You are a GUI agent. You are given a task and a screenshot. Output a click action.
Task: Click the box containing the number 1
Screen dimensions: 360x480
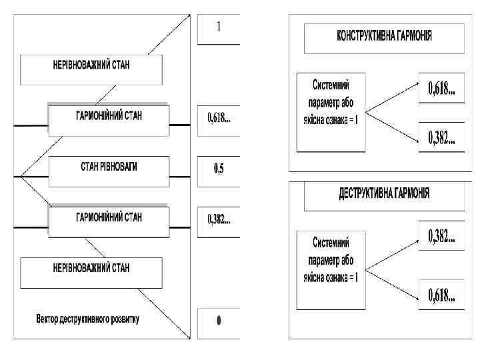[x=219, y=28]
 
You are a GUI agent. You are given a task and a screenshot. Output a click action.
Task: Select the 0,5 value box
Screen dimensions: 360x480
[x=219, y=169]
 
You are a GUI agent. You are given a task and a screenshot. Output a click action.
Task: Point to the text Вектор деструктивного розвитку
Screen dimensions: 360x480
[x=87, y=318]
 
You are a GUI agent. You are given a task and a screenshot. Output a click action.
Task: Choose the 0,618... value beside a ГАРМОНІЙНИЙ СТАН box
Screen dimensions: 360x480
[x=219, y=118]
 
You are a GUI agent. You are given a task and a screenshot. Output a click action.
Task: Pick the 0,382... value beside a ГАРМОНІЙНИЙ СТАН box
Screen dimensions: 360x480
[x=219, y=218]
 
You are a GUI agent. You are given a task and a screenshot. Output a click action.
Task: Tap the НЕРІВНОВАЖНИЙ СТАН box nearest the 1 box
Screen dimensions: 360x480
[x=91, y=67]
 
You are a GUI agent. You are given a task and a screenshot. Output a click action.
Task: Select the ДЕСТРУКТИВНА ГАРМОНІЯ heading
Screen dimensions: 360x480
[x=383, y=194]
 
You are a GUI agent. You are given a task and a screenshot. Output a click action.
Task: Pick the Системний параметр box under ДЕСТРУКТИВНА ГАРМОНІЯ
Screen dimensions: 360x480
[x=331, y=269]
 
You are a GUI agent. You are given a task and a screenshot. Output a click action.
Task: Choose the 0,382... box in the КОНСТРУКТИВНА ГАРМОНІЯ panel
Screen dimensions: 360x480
[x=441, y=138]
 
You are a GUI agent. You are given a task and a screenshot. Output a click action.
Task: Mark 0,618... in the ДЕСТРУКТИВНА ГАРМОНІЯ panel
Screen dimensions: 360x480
[x=441, y=294]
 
